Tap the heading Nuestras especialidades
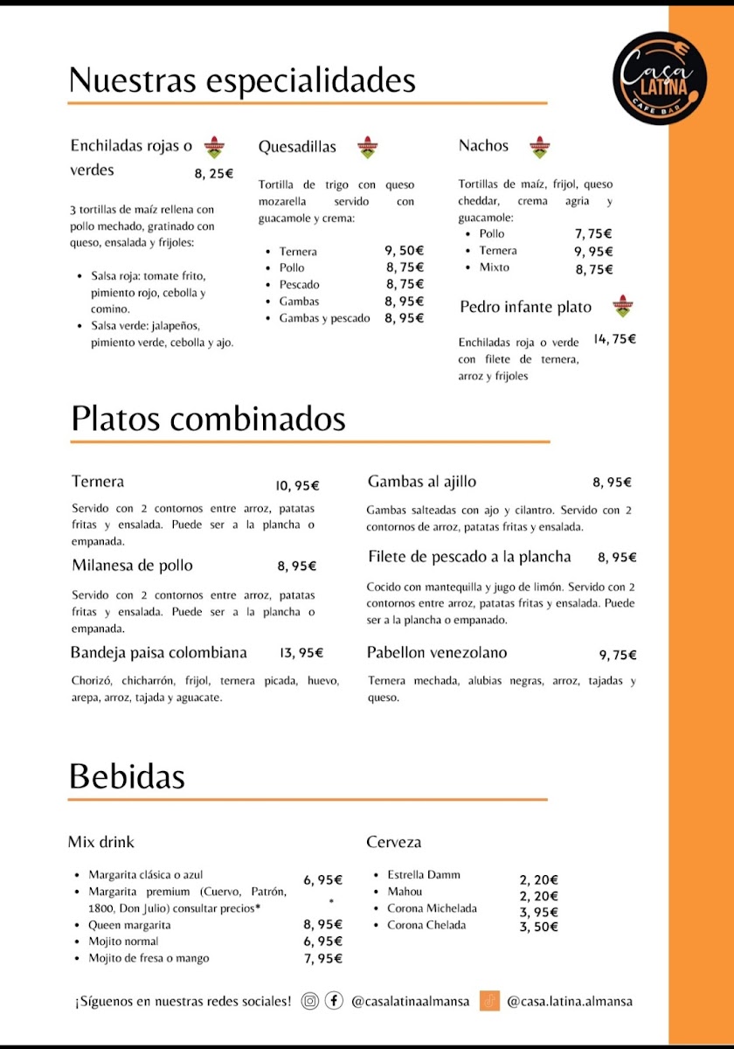click(x=242, y=80)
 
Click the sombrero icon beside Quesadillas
click(x=368, y=147)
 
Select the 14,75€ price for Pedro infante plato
click(x=614, y=339)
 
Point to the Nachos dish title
click(x=483, y=146)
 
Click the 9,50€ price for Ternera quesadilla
click(x=405, y=251)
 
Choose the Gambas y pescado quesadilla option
click(x=324, y=318)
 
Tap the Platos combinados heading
click(x=208, y=419)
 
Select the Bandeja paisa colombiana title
click(x=159, y=653)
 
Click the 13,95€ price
click(x=301, y=653)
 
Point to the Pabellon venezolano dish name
click(x=437, y=653)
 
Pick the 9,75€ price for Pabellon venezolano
click(x=618, y=655)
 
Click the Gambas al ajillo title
click(x=422, y=482)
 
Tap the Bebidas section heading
click(x=127, y=776)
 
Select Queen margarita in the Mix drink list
click(x=129, y=925)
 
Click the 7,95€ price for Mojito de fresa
click(x=322, y=959)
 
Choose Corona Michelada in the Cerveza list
click(x=432, y=908)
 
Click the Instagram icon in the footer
click(x=309, y=1001)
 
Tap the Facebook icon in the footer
click(x=334, y=1001)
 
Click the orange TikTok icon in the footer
click(x=489, y=1001)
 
